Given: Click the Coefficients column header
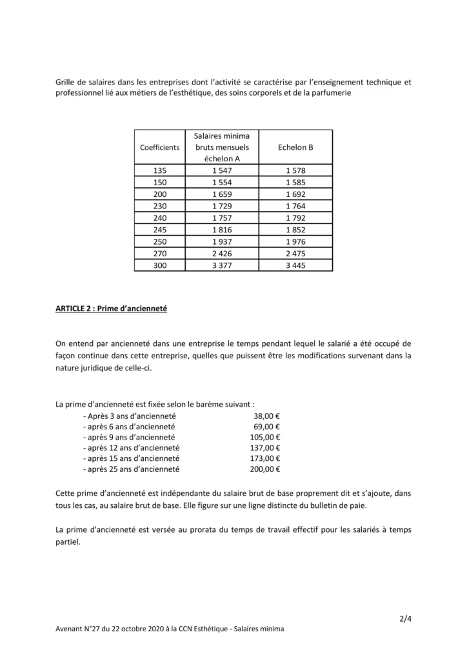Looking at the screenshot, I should pyautogui.click(x=160, y=147).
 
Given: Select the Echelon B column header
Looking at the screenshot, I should pyautogui.click(x=295, y=147).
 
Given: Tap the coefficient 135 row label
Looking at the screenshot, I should pyautogui.click(x=160, y=170).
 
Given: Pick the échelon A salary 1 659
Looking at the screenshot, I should pyautogui.click(x=221, y=194).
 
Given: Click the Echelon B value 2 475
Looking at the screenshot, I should pyautogui.click(x=295, y=253).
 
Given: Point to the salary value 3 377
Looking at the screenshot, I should pyautogui.click(x=221, y=265).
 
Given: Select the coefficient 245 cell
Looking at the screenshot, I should pyautogui.click(x=160, y=229).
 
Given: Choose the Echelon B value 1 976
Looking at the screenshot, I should pyautogui.click(x=295, y=241).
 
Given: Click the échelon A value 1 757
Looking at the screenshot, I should pyautogui.click(x=221, y=218).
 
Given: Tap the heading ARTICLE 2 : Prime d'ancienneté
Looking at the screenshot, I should pyautogui.click(x=112, y=309).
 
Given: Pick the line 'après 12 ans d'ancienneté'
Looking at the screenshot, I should pyautogui.click(x=132, y=447).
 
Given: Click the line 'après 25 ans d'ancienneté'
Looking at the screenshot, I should pyautogui.click(x=132, y=469).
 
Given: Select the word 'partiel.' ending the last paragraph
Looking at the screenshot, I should pyautogui.click(x=68, y=542).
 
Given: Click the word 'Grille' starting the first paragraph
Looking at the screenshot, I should pyautogui.click(x=67, y=82).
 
